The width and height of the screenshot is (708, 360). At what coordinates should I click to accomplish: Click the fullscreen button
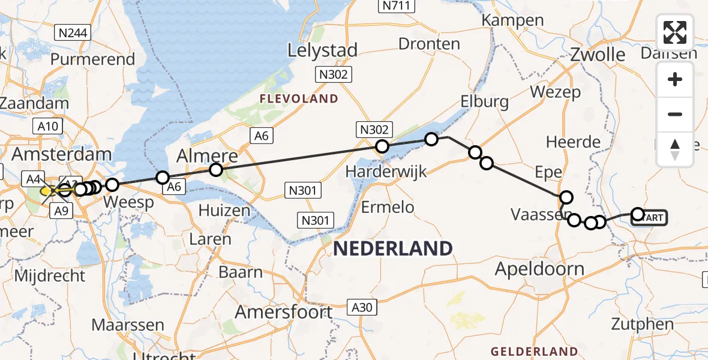(x=675, y=32)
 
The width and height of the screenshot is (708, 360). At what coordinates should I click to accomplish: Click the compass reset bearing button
(x=675, y=149)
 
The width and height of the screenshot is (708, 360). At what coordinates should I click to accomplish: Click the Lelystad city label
(x=322, y=50)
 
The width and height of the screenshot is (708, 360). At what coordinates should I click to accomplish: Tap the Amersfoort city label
(x=283, y=312)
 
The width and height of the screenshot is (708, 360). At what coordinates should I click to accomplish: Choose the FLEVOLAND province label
(x=298, y=98)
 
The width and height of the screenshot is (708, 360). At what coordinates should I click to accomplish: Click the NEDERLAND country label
(x=393, y=248)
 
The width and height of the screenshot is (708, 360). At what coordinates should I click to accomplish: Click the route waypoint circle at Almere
(x=216, y=170)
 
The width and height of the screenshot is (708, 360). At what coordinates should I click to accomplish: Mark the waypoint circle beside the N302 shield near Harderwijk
(x=382, y=146)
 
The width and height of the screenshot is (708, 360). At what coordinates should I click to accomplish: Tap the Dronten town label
(x=429, y=44)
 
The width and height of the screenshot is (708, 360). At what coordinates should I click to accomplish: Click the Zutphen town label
(x=642, y=325)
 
